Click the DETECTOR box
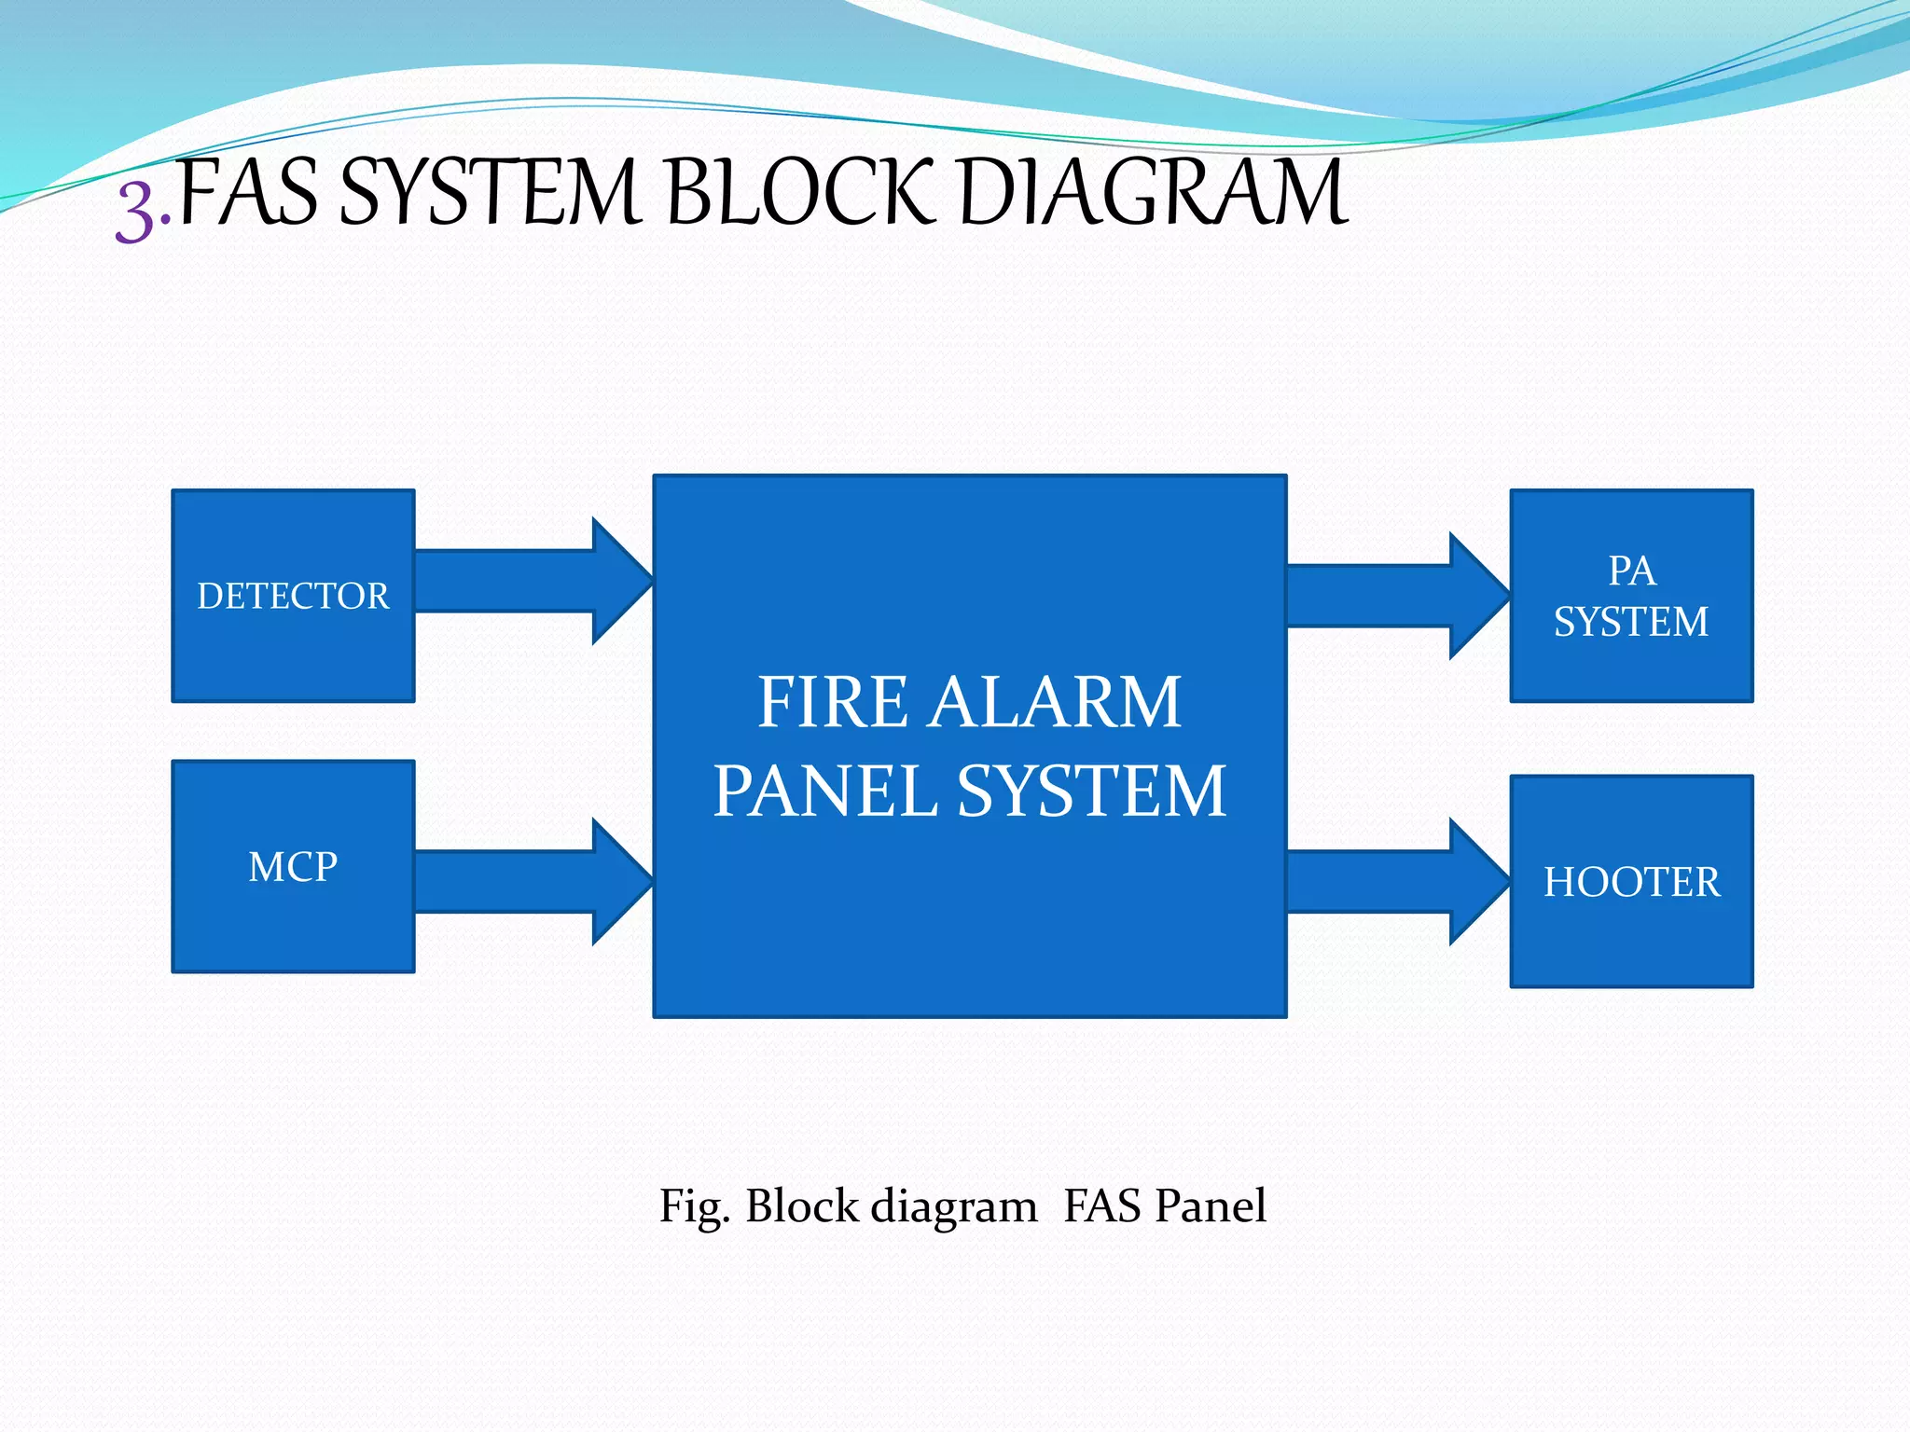[293, 596]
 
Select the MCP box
[293, 867]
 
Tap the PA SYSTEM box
[1631, 596]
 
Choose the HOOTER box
[1631, 882]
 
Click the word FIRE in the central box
[832, 702]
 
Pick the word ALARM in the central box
[1056, 702]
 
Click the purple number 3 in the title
[136, 213]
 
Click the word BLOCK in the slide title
[799, 193]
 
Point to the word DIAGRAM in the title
[1153, 193]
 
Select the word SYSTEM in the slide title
[491, 193]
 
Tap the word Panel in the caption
[1210, 1205]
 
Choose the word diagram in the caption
[953, 1206]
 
